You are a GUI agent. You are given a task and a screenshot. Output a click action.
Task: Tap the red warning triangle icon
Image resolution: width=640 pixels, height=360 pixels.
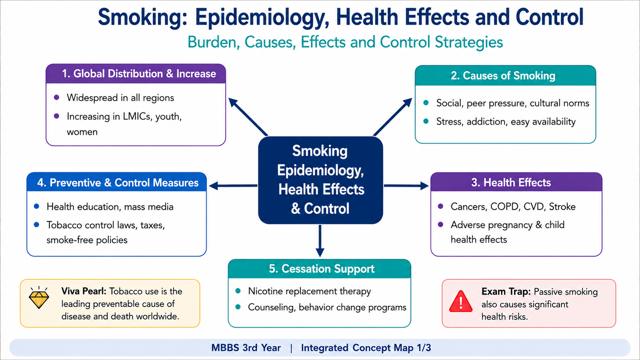460,302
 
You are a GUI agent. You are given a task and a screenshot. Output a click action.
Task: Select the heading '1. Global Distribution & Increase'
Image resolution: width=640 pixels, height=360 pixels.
139,74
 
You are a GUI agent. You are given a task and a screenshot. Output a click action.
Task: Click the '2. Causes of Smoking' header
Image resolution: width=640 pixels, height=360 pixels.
503,76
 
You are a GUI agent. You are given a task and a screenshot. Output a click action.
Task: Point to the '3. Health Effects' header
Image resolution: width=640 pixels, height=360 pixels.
511,182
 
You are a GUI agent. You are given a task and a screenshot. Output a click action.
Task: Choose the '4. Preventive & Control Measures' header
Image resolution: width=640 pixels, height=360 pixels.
118,183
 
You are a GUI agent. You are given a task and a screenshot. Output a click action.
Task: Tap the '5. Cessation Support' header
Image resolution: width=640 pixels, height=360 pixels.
322,269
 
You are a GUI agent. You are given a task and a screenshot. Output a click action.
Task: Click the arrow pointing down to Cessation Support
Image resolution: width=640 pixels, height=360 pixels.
320,241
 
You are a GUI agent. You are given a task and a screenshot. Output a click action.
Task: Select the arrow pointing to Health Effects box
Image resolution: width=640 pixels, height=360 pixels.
406,186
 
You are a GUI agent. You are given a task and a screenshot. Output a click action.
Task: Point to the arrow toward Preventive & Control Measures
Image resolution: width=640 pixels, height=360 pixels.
233,186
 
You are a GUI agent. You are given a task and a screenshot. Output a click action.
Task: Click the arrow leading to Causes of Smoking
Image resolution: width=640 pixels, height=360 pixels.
392,117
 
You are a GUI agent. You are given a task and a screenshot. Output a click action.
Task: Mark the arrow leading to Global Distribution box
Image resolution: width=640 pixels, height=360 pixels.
248,117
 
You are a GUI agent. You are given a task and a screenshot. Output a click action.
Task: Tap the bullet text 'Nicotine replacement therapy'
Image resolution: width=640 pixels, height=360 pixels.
310,291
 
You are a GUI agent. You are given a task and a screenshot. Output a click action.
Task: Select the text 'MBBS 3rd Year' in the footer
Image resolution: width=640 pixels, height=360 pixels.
246,348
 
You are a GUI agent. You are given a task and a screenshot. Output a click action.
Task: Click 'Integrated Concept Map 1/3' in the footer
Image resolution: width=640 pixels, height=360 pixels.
366,348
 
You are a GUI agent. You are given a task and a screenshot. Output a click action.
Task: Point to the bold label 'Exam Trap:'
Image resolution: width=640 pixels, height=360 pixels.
506,292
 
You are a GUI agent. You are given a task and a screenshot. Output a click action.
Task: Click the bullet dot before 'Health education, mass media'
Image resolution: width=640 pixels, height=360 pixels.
36,206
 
